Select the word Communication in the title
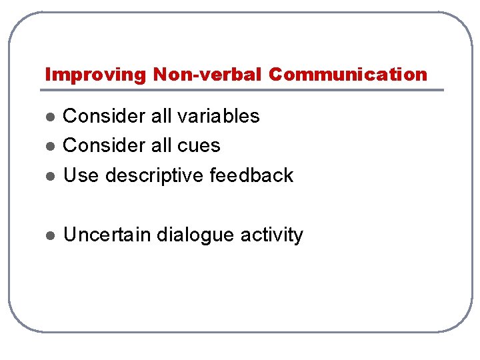348,75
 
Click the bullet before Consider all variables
49,117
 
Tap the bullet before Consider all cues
49,146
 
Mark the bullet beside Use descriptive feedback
49,176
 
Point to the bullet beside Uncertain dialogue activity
49,235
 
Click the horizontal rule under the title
244,89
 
